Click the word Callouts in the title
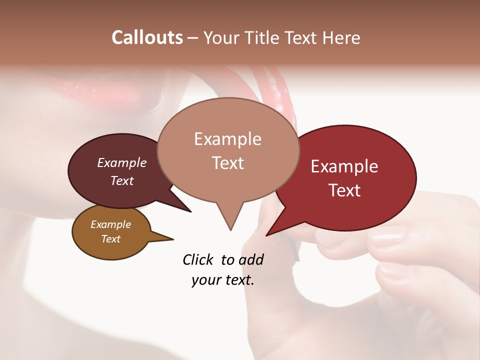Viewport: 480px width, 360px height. point(147,37)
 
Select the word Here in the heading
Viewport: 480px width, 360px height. point(341,37)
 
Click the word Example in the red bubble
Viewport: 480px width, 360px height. point(344,166)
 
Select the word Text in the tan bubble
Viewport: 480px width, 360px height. point(228,163)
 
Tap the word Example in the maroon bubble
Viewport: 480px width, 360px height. point(121,162)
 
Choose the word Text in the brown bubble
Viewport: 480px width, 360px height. point(111,239)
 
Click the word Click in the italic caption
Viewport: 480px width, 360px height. point(198,259)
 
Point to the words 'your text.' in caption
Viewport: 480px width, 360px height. point(223,280)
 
